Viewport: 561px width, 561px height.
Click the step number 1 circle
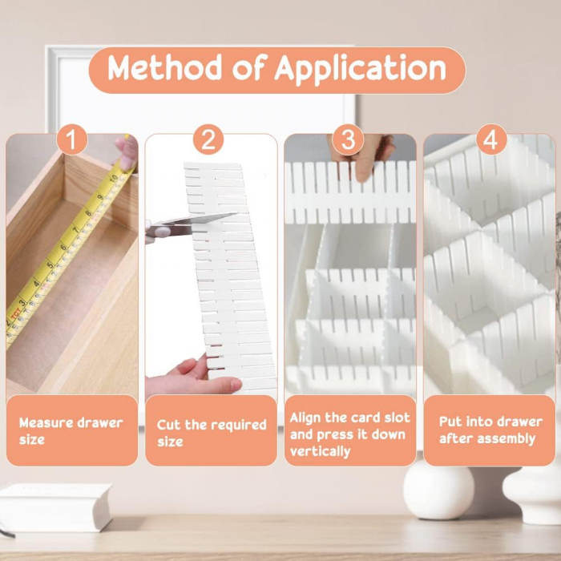coord(72,139)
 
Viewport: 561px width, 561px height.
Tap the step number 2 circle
coord(208,139)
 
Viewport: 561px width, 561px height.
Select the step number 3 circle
coord(348,139)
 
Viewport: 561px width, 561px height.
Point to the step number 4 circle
coord(491,139)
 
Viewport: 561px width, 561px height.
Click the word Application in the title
coord(361,69)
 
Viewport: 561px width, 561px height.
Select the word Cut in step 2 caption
coord(169,425)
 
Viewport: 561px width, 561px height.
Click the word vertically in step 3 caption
coord(321,452)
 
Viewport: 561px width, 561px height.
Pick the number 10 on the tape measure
coord(114,177)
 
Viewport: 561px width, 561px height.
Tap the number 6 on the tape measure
coord(63,247)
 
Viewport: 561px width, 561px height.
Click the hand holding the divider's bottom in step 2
coord(193,376)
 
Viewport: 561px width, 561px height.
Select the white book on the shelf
coord(55,507)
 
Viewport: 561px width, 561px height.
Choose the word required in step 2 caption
coord(238,426)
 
